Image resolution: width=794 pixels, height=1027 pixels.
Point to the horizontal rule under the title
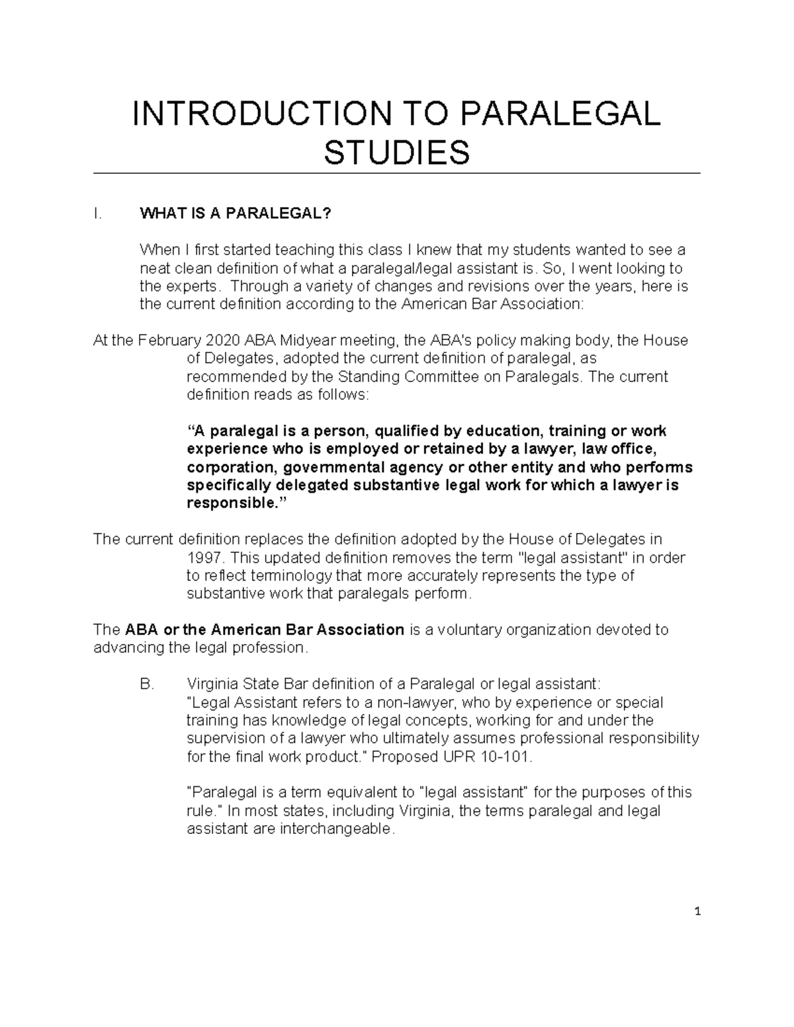(x=396, y=173)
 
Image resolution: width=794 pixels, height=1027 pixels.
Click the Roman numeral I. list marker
(x=97, y=214)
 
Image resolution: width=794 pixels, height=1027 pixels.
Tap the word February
(x=167, y=341)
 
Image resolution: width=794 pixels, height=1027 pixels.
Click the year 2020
(x=223, y=341)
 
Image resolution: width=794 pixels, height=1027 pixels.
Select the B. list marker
(x=147, y=684)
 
